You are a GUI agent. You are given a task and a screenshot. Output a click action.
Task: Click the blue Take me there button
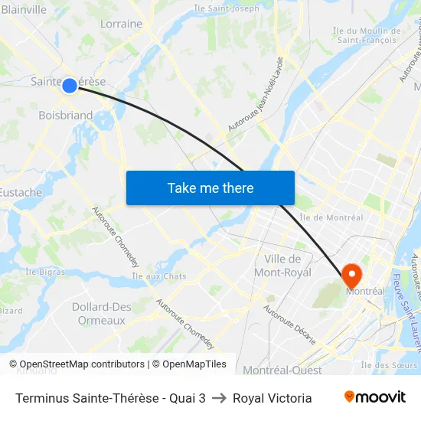click(210, 188)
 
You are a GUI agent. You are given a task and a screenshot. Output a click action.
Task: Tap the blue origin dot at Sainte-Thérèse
click(69, 85)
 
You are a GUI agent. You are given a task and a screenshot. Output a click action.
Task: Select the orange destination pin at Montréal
click(352, 275)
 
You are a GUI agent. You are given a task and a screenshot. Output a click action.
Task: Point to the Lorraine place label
click(121, 24)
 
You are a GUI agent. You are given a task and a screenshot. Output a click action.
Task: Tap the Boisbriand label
click(65, 116)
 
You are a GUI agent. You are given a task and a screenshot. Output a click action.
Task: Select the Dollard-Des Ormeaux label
click(101, 314)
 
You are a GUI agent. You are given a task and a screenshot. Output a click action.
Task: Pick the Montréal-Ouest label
click(282, 370)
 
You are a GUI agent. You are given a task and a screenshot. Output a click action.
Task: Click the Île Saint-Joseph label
click(227, 8)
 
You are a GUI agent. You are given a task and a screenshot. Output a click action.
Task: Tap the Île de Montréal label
click(331, 217)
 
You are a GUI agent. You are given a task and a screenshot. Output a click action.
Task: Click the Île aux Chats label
click(159, 276)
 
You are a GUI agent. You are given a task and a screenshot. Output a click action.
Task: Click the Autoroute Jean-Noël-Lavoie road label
click(256, 93)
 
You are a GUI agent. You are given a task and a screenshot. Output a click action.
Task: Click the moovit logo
click(374, 397)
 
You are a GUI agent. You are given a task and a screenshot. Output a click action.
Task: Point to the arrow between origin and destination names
click(219, 398)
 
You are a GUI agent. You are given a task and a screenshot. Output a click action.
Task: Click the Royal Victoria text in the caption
click(272, 398)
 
